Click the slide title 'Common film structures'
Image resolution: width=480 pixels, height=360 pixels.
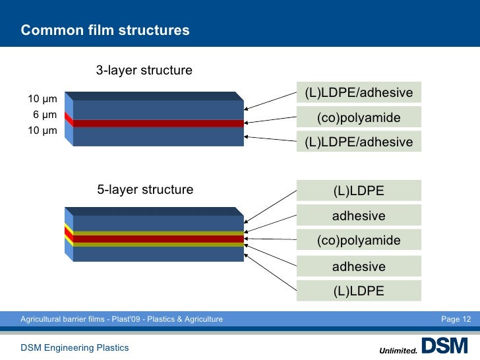coord(105,30)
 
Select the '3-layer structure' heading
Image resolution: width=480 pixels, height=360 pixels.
coord(144,70)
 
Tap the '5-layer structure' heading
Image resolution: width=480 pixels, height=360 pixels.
coord(145,190)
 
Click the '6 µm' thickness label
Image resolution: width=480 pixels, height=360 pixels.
coord(45,115)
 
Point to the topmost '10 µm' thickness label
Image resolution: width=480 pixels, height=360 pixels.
coord(42,100)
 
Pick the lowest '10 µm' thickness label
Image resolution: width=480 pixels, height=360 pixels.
coord(42,131)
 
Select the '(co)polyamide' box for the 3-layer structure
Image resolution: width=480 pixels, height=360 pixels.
coord(359,118)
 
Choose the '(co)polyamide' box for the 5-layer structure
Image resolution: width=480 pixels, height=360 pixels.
coord(359,241)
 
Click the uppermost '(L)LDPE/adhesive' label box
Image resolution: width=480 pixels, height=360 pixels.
coord(359,93)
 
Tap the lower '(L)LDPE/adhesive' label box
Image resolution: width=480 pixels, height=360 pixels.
coord(359,142)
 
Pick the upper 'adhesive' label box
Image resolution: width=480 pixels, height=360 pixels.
coord(359,216)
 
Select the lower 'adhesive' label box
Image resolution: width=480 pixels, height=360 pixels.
coord(359,266)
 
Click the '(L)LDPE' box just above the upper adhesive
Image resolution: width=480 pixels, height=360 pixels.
coord(359,191)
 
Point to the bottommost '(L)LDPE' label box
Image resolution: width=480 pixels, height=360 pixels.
coord(359,290)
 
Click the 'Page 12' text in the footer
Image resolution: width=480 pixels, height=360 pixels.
coord(456,320)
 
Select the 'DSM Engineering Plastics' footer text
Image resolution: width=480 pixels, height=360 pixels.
coord(75,347)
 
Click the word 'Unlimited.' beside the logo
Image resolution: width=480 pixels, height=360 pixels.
coord(398,350)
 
